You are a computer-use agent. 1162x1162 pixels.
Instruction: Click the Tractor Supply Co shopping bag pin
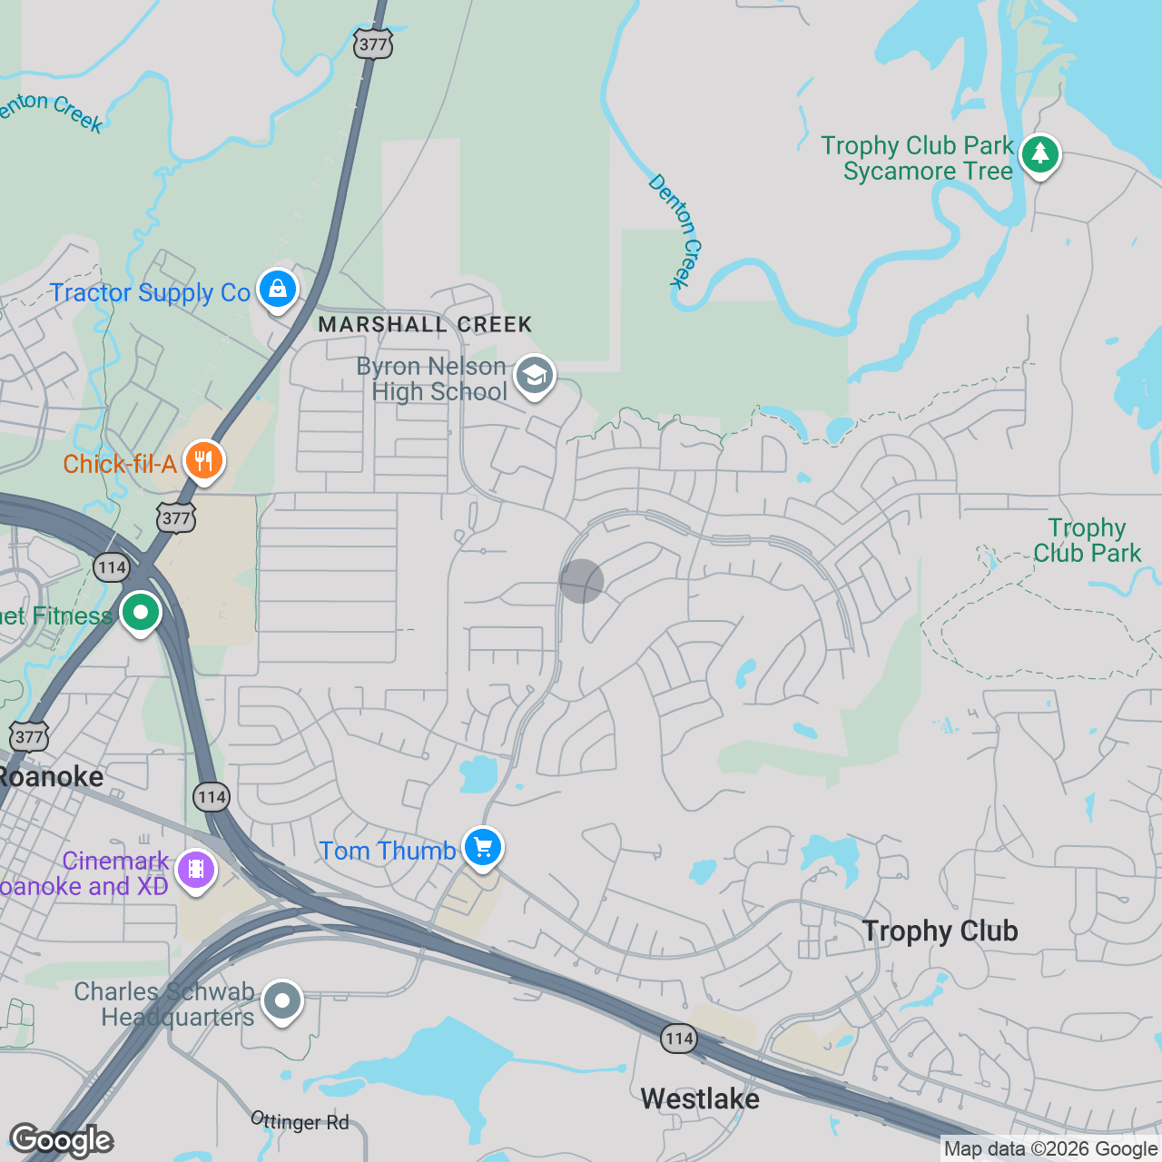[278, 290]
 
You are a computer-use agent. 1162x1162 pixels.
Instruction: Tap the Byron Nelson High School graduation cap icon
[534, 375]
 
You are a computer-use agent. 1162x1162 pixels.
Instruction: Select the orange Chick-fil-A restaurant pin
[203, 461]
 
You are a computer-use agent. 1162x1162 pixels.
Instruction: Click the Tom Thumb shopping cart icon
[482, 847]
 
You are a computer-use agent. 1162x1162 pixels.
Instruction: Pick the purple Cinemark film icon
[195, 870]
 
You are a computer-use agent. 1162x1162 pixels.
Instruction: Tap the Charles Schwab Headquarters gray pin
[281, 1001]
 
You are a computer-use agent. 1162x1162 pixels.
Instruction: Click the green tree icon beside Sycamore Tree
[1039, 154]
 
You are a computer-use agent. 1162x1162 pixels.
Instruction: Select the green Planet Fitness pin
[140, 613]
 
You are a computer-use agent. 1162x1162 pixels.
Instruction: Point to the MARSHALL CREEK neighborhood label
[425, 324]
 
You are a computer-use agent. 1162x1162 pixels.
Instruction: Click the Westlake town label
[700, 1099]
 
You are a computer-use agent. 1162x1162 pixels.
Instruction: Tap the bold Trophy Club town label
[940, 931]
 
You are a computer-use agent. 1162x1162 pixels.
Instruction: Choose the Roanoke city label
[50, 777]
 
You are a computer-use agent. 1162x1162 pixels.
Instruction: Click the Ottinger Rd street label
[300, 1122]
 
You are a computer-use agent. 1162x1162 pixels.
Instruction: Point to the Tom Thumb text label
[387, 851]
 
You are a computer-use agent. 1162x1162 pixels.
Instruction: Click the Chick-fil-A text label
[120, 464]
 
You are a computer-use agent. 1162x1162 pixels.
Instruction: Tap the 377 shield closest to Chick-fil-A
[175, 518]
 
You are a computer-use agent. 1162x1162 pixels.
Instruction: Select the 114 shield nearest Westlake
[678, 1039]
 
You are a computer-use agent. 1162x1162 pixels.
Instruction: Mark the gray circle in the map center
[581, 581]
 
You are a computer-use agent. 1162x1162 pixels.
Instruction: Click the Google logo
[62, 1140]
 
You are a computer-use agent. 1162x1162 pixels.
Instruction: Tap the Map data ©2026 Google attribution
[1050, 1149]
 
